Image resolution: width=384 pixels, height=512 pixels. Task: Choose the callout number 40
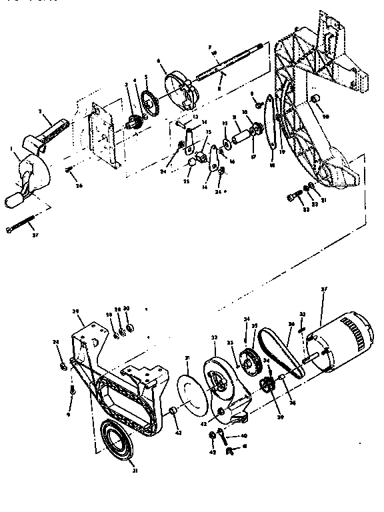pyautogui.click(x=225, y=436)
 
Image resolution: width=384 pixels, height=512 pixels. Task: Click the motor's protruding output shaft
pyautogui.click(x=306, y=361)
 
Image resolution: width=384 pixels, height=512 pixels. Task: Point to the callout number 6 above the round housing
pyautogui.click(x=158, y=61)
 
